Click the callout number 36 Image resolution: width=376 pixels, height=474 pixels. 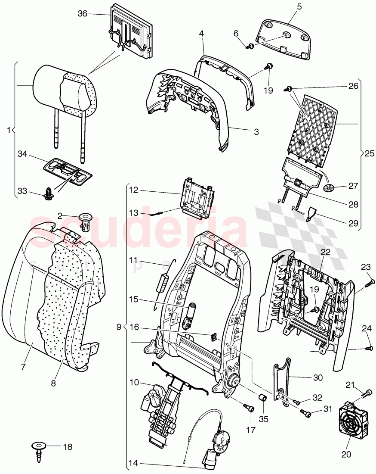click(x=82, y=14)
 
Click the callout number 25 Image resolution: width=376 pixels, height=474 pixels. click(x=369, y=153)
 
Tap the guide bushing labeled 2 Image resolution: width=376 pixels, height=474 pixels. click(x=88, y=221)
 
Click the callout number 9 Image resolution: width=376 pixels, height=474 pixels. click(x=119, y=327)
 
